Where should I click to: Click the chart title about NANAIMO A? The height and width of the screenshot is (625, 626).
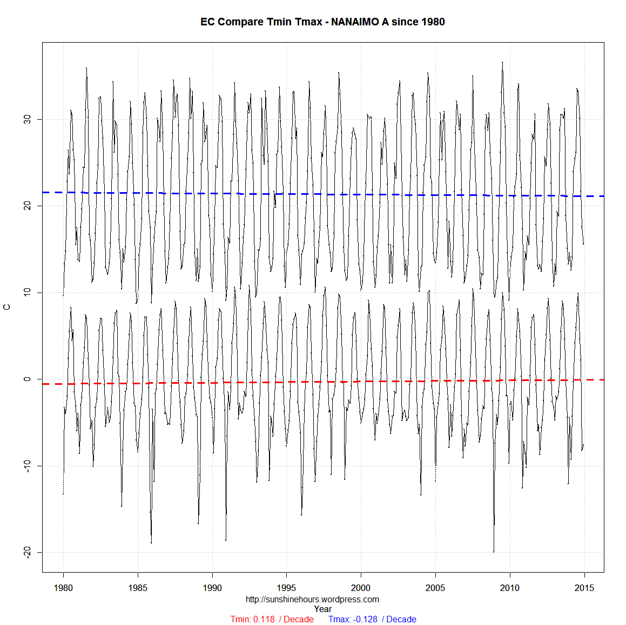[322, 22]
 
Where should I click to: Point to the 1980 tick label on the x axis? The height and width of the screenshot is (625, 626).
[63, 588]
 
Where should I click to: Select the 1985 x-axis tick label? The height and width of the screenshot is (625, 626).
[138, 588]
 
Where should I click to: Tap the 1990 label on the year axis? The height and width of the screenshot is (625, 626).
[212, 588]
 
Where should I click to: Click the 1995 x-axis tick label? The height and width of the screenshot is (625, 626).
[286, 588]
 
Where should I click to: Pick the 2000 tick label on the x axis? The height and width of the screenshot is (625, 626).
[361, 588]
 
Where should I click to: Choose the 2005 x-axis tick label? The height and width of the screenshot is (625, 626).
[435, 588]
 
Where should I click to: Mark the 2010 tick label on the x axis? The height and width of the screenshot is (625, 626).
[509, 588]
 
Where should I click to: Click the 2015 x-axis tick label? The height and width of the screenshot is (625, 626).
[584, 588]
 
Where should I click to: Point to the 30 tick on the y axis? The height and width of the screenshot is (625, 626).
[28, 119]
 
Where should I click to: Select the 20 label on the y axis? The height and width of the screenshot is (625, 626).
[28, 206]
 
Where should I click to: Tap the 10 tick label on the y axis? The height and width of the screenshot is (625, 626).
[28, 293]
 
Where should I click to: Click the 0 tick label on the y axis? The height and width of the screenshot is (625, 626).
[28, 379]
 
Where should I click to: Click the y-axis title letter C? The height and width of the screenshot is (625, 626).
[7, 307]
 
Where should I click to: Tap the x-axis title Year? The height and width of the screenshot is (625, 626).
[322, 609]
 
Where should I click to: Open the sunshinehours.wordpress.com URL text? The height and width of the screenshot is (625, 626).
[312, 599]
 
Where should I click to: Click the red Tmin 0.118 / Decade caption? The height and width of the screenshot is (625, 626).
[272, 619]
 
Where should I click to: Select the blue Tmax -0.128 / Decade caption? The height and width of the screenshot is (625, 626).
[372, 619]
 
